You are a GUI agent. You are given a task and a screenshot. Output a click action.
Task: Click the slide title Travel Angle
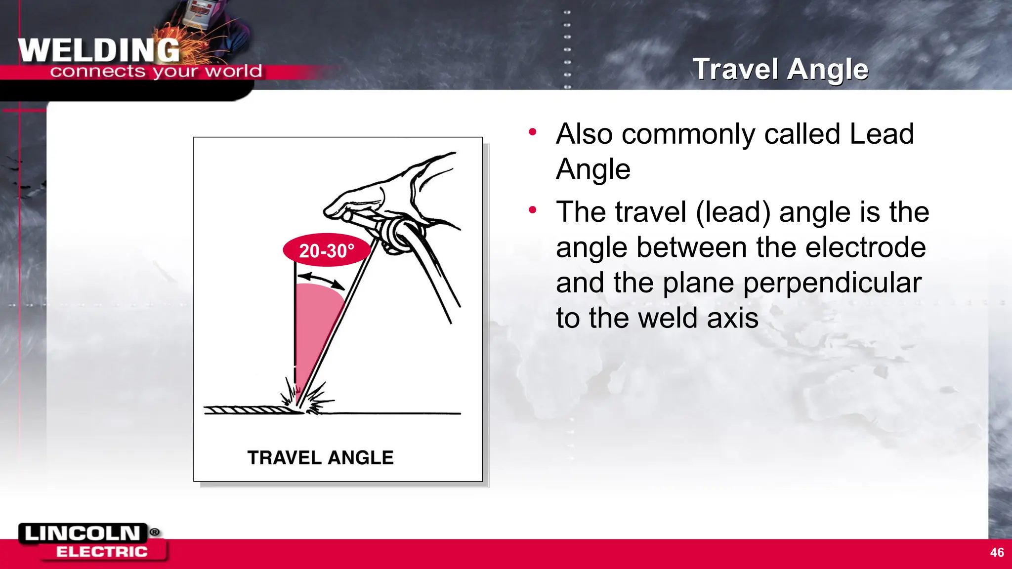780,69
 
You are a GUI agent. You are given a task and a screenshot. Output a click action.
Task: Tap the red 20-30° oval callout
327,250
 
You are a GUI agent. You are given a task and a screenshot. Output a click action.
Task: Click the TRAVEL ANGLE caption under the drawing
320,458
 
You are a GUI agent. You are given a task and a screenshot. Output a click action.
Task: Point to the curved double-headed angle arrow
322,279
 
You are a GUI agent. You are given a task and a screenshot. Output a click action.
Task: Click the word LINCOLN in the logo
83,533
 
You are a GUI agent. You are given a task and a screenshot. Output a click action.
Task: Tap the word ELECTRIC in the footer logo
102,552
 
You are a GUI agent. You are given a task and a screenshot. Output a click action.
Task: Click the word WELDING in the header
99,51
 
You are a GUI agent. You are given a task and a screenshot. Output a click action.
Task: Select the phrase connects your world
156,72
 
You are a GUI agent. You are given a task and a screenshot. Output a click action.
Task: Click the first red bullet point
532,132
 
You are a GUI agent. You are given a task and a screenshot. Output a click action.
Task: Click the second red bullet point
532,210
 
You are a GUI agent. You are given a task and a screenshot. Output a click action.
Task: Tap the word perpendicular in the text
832,283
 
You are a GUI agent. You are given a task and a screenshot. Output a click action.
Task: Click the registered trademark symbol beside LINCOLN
155,532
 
